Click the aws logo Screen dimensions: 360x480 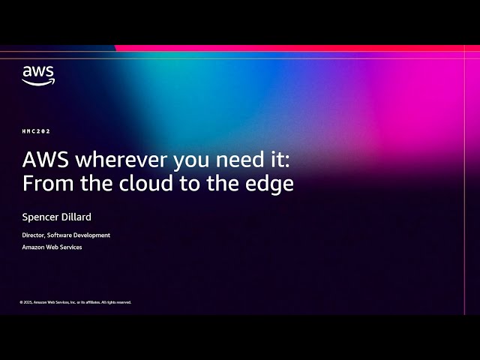click(37, 75)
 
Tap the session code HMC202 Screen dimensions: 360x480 click(36, 130)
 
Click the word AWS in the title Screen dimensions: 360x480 click(44, 160)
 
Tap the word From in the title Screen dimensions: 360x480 click(43, 184)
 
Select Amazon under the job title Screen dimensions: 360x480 click(33, 247)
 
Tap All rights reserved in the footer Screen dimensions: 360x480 click(116, 302)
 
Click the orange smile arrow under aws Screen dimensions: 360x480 click(37, 82)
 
